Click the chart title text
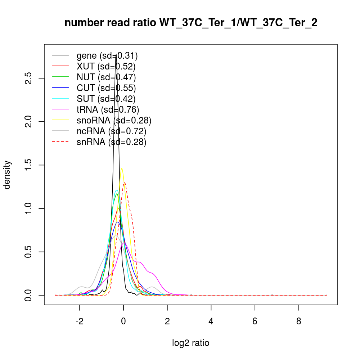(x=191, y=23)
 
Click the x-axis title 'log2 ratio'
(x=191, y=343)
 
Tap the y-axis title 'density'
(x=7, y=175)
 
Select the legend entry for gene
(x=107, y=55)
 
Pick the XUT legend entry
(x=106, y=66)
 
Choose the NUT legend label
(x=106, y=77)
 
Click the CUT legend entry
(x=106, y=88)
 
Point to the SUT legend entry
(x=106, y=99)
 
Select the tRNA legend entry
(x=108, y=109)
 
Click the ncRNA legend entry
(x=111, y=131)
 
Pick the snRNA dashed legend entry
(x=111, y=142)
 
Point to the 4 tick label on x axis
(x=211, y=321)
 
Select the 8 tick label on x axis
(x=298, y=321)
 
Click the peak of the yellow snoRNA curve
(x=122, y=168)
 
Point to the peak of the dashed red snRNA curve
(x=124, y=182)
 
